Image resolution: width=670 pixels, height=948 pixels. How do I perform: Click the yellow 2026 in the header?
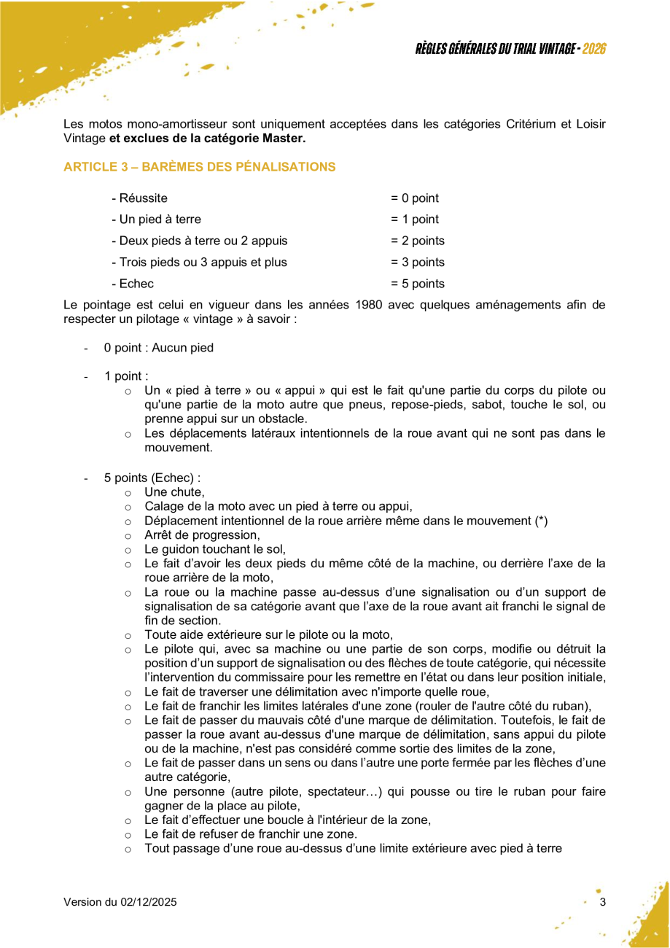[594, 49]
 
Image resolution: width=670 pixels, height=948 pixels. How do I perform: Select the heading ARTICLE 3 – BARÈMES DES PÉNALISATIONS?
[199, 167]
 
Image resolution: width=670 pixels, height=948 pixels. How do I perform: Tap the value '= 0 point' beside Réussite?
[414, 198]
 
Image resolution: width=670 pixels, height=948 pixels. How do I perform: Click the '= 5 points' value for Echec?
[417, 284]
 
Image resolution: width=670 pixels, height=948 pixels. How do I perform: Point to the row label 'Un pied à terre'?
[156, 219]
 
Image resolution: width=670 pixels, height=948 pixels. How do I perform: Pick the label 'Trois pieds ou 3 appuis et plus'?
[199, 263]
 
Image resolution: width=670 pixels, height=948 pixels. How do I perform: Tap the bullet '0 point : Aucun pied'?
[158, 348]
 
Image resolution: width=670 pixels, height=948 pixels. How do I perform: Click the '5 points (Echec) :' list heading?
[152, 478]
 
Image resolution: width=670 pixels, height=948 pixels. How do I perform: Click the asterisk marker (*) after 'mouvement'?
[541, 521]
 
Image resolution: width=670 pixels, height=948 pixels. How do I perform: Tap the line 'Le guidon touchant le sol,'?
[215, 549]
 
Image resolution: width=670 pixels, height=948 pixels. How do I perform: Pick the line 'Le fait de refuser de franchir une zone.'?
[250, 834]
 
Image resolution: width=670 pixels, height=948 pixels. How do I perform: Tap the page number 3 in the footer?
[602, 903]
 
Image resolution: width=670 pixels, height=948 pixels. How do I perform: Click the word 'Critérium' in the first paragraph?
[531, 124]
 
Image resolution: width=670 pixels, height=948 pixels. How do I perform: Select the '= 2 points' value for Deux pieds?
[417, 241]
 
